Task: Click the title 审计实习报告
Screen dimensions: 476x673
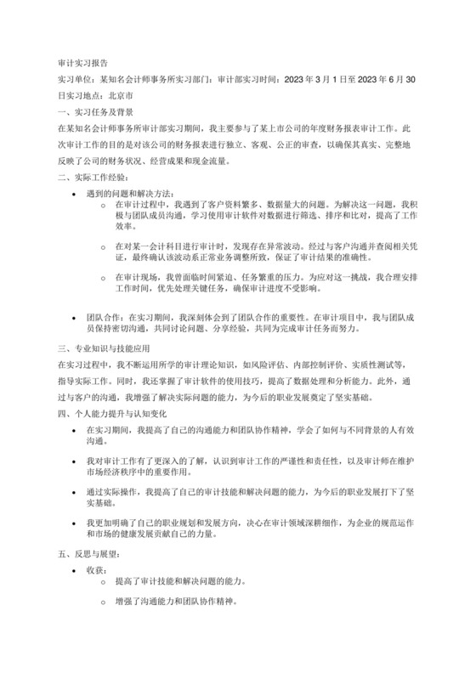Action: (x=82, y=62)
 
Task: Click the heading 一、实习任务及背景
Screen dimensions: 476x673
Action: (x=94, y=112)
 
